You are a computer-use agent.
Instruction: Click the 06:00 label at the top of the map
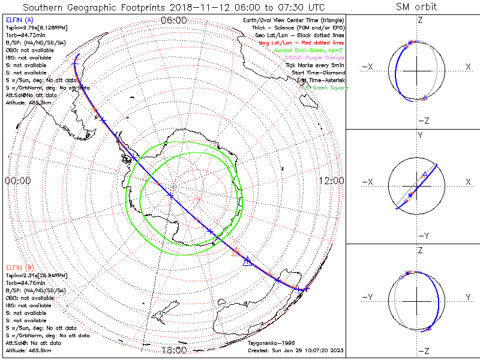173,20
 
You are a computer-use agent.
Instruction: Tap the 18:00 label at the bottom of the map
173,350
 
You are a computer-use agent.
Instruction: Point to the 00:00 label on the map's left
17,181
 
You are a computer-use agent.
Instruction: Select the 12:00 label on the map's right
331,181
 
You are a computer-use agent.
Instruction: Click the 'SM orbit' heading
416,7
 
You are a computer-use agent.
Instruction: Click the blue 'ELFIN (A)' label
19,20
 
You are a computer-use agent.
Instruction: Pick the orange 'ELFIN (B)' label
19,266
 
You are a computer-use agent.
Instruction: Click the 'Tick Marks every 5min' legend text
314,65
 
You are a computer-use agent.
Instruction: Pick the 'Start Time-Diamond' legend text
318,73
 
